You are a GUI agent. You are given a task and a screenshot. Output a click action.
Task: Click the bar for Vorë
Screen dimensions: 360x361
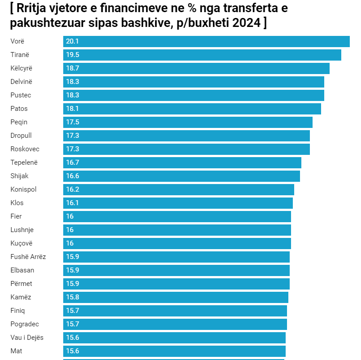(x=206, y=41)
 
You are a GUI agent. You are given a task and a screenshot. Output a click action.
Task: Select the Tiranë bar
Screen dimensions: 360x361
(x=202, y=55)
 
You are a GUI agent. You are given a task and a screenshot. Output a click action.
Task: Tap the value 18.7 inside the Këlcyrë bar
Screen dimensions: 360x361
(x=73, y=68)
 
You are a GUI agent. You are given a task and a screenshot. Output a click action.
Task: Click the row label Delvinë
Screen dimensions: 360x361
(x=22, y=82)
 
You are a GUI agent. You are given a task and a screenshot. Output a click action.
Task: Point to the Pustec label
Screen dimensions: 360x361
(x=21, y=95)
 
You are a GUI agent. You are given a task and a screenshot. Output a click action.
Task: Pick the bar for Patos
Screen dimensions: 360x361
(x=192, y=109)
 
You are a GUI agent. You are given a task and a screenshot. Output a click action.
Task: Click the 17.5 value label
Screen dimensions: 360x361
(x=73, y=122)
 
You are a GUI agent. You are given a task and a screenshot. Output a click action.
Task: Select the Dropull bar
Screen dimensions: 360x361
(x=186, y=136)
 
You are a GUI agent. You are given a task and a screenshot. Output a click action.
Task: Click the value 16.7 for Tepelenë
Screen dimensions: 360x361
(x=73, y=162)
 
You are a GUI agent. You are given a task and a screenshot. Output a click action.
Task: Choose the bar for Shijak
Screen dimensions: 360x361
(x=182, y=176)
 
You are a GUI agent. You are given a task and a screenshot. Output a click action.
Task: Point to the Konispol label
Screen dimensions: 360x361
(x=23, y=189)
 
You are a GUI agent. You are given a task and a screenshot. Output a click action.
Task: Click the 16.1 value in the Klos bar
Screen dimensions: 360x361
(x=72, y=203)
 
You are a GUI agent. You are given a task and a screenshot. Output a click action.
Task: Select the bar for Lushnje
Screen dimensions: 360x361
(x=177, y=230)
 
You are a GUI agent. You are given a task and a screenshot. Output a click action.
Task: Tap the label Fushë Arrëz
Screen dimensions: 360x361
(x=28, y=257)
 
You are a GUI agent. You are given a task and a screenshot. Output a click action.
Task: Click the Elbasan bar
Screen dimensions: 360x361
(x=176, y=270)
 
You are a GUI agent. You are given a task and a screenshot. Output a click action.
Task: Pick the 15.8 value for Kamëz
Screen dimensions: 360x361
(x=73, y=297)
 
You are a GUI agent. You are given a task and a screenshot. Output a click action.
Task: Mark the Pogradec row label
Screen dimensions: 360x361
(x=25, y=324)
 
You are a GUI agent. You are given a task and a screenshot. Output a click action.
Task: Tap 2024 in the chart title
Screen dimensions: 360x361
(x=247, y=23)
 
